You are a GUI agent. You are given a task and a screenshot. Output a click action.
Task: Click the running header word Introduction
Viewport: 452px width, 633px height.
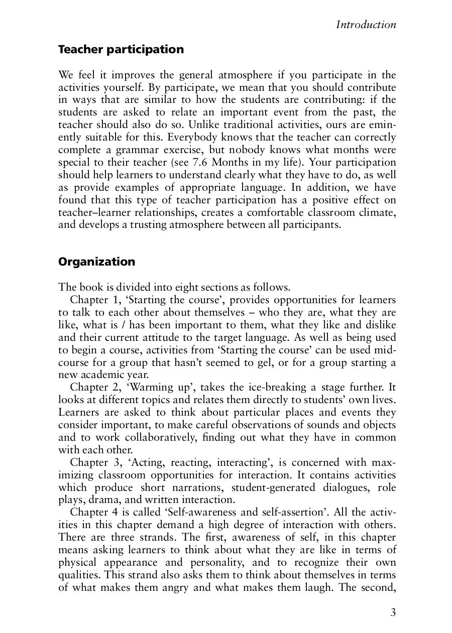[x=366, y=25]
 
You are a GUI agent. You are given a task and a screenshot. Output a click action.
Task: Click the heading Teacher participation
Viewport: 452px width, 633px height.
[x=121, y=50]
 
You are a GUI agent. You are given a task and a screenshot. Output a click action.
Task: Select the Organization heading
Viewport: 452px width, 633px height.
[x=97, y=262]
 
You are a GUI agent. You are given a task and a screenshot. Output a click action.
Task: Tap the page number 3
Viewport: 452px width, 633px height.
[x=393, y=612]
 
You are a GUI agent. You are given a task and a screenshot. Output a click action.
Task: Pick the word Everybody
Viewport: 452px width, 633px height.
[x=191, y=138]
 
